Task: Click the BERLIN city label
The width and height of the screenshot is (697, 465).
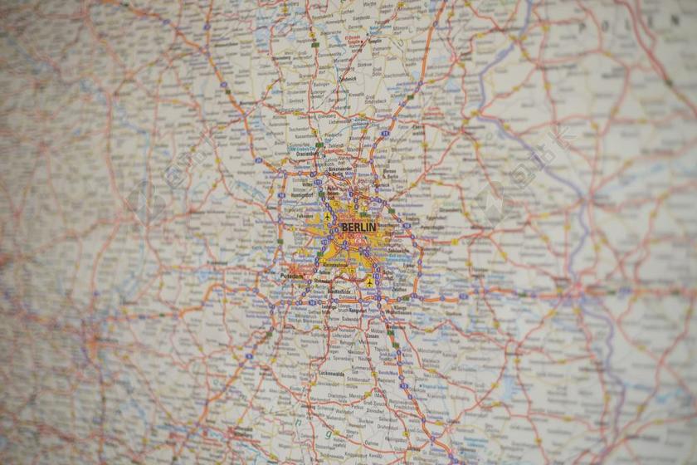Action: pyautogui.click(x=358, y=227)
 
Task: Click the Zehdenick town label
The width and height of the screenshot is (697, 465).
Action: pyautogui.click(x=348, y=80)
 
